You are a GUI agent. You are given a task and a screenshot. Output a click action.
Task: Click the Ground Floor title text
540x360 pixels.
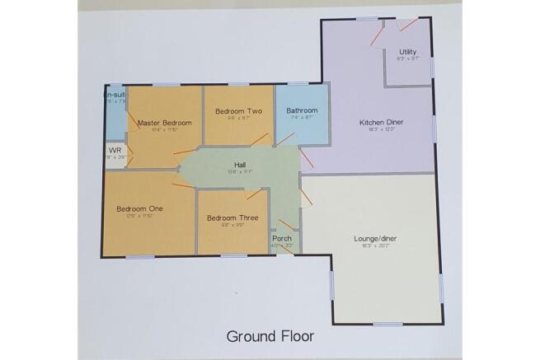coord(270,336)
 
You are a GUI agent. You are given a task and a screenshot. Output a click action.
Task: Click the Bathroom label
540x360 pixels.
coord(302,111)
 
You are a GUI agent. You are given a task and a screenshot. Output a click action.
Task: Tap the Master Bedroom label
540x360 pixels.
coord(164,123)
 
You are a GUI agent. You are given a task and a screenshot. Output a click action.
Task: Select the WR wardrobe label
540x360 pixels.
coord(115,151)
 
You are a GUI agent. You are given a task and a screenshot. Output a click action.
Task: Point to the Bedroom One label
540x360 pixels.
coord(139,208)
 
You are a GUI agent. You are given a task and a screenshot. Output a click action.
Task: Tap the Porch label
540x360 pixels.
coord(282,238)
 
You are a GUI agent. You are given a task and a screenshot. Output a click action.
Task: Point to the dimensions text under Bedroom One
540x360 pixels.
coord(139,217)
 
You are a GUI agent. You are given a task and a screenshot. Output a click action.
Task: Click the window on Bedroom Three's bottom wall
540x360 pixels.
coord(233,256)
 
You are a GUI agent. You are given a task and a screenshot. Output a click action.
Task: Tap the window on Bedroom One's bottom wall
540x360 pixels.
coord(139,257)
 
